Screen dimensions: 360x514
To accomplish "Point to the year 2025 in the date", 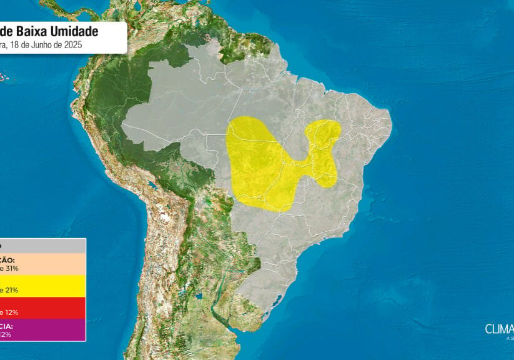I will tap(72, 45).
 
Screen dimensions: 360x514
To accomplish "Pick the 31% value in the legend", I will tap(11, 268).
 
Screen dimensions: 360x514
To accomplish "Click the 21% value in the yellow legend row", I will tap(11, 290).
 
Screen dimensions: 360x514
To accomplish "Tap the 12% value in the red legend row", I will tap(10, 312).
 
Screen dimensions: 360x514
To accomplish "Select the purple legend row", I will tap(42, 329).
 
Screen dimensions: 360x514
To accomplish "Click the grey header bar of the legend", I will tap(42, 246).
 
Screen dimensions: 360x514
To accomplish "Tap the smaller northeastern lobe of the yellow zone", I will tap(324, 144).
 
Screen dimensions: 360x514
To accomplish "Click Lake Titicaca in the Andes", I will tap(151, 186).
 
